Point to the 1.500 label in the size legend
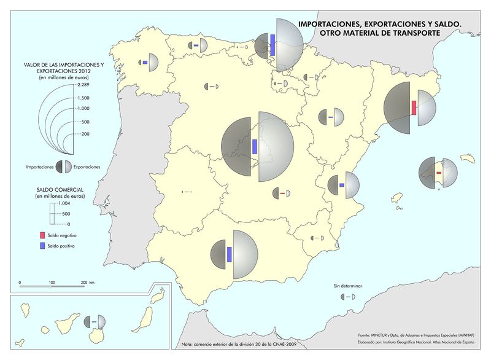click(83, 98)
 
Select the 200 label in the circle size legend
click(85, 133)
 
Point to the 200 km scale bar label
click(87, 282)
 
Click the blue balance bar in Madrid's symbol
click(255, 147)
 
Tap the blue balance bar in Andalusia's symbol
click(229, 254)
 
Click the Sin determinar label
click(348, 286)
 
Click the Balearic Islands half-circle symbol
click(438, 174)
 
